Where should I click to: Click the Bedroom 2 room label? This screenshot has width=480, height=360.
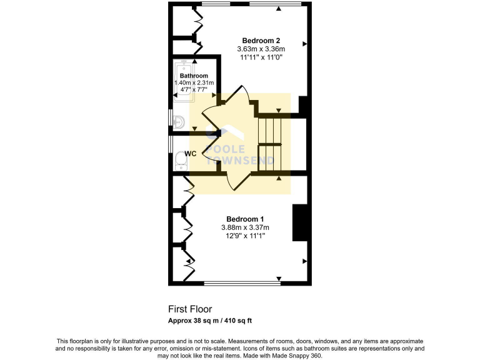261,41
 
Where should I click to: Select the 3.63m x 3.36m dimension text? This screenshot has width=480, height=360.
261,49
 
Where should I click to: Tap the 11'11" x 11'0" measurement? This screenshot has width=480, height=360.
261,57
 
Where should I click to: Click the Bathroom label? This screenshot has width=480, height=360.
194,76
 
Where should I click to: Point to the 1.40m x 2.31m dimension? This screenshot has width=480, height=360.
194,82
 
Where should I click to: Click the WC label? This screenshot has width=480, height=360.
191,153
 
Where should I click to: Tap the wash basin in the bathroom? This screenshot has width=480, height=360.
178,121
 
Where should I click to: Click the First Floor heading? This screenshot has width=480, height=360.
190,309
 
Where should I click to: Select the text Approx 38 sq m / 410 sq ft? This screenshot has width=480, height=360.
209,321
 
